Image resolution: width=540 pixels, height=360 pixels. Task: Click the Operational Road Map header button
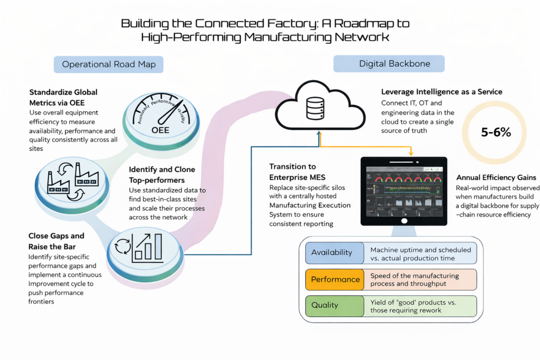109,64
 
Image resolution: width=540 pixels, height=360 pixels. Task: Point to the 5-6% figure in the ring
496,133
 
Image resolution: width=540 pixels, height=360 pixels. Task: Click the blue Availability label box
335,252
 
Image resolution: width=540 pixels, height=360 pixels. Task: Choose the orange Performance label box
335,279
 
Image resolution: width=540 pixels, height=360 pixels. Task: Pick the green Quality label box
335,305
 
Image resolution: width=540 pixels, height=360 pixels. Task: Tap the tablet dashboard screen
403,190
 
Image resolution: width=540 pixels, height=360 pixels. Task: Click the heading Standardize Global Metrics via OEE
63,97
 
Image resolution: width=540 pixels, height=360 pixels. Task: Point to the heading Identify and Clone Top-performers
162,174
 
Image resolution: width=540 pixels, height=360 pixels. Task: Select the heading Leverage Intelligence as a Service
441,92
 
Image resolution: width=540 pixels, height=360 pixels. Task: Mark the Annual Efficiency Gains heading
496,178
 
